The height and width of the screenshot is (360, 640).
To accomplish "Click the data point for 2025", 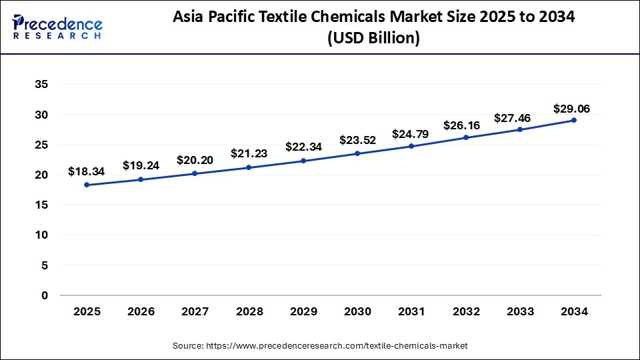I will click(x=87, y=185).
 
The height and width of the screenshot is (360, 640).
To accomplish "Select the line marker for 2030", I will click(x=357, y=153).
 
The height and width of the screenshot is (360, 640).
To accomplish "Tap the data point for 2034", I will click(x=573, y=120).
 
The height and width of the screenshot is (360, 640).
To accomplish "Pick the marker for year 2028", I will click(x=249, y=167).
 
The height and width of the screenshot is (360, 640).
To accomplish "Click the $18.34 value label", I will click(x=87, y=172).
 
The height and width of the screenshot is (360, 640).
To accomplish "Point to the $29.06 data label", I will click(x=571, y=109).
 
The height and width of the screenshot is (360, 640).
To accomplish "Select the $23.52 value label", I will click(x=357, y=140).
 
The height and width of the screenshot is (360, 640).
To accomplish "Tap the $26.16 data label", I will click(x=465, y=125).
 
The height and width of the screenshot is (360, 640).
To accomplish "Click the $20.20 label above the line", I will click(x=195, y=160).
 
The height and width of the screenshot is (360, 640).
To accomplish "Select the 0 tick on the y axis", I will click(x=44, y=295).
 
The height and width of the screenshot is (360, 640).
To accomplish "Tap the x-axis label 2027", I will click(x=195, y=311).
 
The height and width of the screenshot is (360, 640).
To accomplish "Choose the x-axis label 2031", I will click(x=411, y=311).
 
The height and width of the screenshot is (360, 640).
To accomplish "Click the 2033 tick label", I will click(x=519, y=311).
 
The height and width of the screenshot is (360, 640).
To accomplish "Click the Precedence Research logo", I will click(x=57, y=27).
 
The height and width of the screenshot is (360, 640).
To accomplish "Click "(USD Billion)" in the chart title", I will click(x=373, y=39).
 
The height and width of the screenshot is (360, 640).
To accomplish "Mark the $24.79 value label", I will click(x=411, y=133).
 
